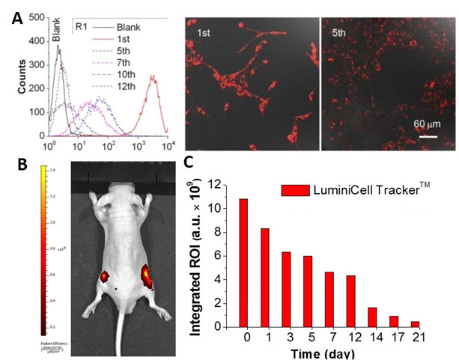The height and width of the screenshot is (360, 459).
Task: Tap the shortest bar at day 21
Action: coord(415,323)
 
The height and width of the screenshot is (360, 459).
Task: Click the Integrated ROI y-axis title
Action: coord(198,254)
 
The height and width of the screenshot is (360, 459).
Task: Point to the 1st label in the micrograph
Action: coord(200,34)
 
